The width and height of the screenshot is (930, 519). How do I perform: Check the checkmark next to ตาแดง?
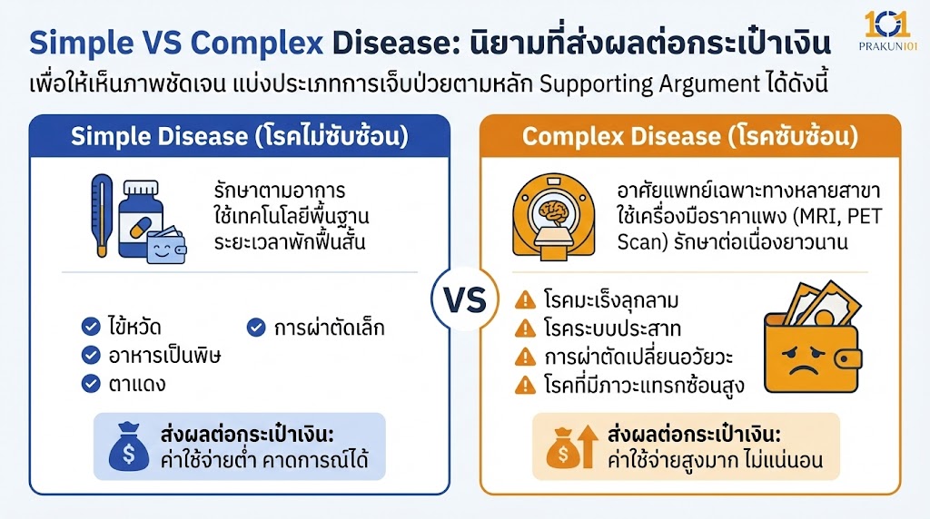pyautogui.click(x=91, y=383)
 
